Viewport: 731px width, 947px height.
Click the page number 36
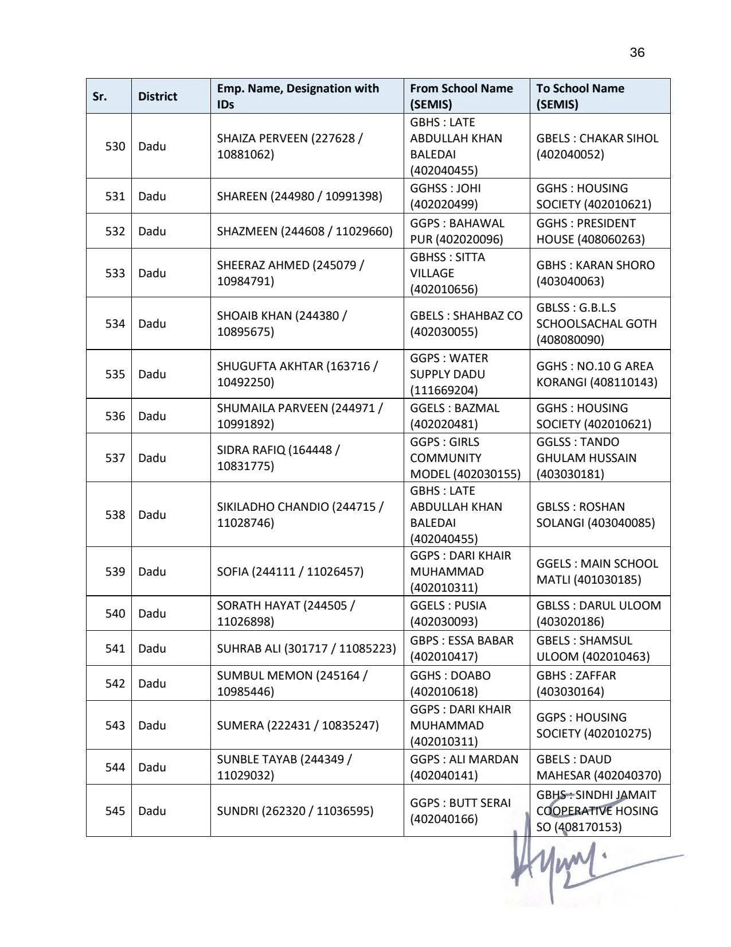pyautogui.click(x=636, y=53)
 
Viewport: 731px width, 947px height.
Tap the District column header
pyautogui.click(x=157, y=96)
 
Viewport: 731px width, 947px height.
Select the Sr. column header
pyautogui.click(x=100, y=96)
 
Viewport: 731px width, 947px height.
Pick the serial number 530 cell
pyautogui.click(x=115, y=146)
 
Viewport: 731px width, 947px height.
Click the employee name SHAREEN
pyautogui.click(x=299, y=196)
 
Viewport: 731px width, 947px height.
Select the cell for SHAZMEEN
pyautogui.click(x=304, y=231)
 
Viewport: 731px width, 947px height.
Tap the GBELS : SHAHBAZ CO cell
pyautogui.click(x=466, y=324)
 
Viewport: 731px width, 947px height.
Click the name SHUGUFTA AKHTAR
pyautogui.click(x=297, y=374)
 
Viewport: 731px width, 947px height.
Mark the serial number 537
pyautogui.click(x=115, y=458)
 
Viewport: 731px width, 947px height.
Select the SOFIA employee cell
pyautogui.click(x=290, y=572)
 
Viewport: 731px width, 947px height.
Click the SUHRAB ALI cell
pyautogui.click(x=306, y=649)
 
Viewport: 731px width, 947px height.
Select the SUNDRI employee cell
pyautogui.click(x=295, y=811)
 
